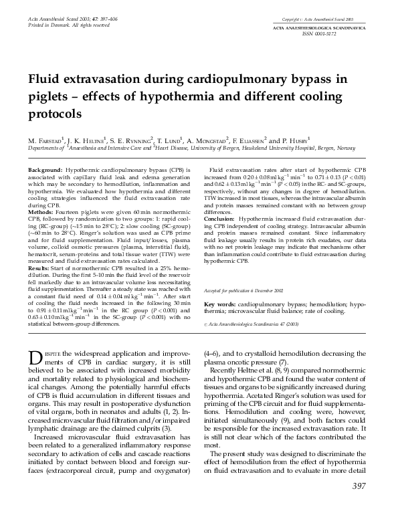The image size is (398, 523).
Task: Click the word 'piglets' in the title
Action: pyautogui.click(x=50, y=96)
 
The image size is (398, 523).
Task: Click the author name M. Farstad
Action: pyautogui.click(x=47, y=141)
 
